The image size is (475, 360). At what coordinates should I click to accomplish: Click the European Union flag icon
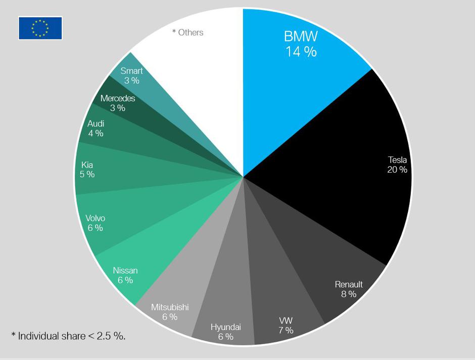pyautogui.click(x=40, y=28)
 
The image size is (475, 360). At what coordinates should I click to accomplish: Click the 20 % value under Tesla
pyautogui.click(x=397, y=170)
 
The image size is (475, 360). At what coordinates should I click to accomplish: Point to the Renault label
pyautogui.click(x=349, y=284)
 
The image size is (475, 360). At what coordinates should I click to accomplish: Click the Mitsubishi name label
pyautogui.click(x=170, y=307)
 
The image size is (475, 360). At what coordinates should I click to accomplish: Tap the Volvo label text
pyautogui.click(x=95, y=218)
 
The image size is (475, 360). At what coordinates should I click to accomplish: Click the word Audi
pyautogui.click(x=96, y=124)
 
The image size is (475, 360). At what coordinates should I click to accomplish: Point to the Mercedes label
pyautogui.click(x=118, y=98)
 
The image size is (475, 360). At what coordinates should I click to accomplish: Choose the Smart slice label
pyautogui.click(x=131, y=71)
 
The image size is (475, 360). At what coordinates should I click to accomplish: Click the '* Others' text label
pyautogui.click(x=188, y=32)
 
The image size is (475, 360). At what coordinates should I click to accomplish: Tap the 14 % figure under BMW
pyautogui.click(x=301, y=52)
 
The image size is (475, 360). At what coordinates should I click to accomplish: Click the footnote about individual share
pyautogui.click(x=68, y=335)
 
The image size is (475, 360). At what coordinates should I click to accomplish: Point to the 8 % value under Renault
pyautogui.click(x=348, y=294)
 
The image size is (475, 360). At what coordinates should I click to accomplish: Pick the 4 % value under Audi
pyautogui.click(x=96, y=133)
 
